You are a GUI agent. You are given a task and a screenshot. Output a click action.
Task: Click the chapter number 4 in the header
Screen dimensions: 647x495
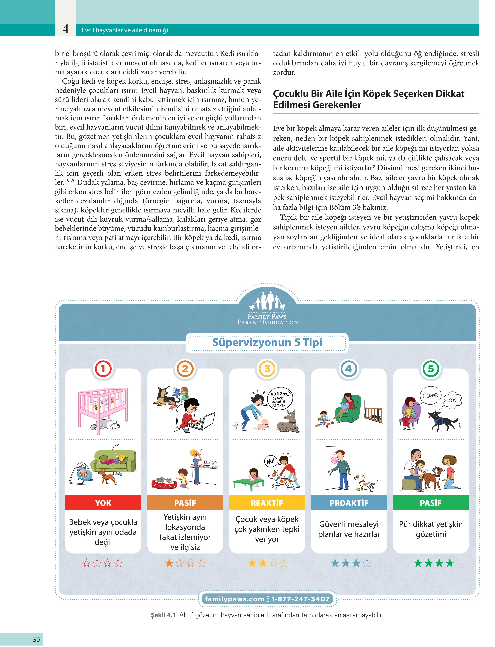pos(65,29)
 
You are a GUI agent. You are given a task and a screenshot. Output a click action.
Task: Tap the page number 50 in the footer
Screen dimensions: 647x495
pos(36,639)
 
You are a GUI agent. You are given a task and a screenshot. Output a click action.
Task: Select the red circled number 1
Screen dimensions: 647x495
pos(103,369)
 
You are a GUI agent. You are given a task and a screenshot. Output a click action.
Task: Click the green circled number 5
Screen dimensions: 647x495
pos(431,369)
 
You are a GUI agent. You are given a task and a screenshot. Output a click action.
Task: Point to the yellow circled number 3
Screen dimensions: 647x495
pos(267,369)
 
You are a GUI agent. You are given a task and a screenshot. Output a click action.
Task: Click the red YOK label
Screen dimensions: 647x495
pos(103,503)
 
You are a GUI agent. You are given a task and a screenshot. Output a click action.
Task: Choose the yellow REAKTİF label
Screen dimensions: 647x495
pos(267,503)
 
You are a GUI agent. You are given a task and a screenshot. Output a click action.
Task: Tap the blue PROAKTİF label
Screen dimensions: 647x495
pos(349,503)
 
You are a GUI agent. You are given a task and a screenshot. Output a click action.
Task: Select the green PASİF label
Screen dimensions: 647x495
pos(431,503)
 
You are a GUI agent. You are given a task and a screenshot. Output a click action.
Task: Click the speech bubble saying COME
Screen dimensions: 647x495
pos(430,395)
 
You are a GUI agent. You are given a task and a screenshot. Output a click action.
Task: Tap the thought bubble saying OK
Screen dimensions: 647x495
pos(452,400)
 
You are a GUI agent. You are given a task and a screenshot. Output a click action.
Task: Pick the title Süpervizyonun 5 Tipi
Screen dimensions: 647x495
pos(267,343)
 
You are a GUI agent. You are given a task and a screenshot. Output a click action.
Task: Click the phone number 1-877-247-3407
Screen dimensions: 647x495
pos(300,599)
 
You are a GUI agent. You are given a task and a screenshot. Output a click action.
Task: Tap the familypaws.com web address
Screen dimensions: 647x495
pos(234,599)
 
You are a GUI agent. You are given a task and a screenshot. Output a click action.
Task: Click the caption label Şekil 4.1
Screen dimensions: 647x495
pos(163,615)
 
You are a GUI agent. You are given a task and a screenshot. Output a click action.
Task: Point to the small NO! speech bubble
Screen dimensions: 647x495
pos(270,461)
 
